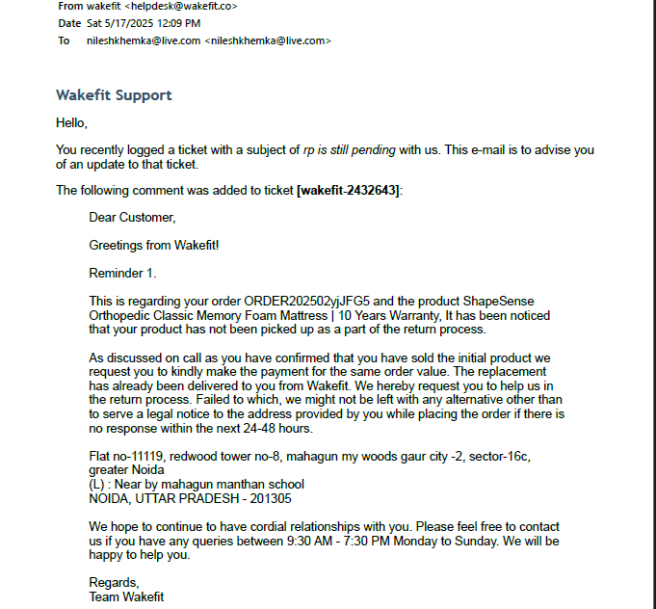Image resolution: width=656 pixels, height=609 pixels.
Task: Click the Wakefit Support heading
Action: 114,95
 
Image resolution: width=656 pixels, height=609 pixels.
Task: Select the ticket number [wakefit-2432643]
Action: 348,190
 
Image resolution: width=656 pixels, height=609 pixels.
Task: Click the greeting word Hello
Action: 71,122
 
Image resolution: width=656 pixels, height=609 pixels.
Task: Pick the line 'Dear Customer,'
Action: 132,218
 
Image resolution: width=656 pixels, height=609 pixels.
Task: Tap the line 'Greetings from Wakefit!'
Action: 154,245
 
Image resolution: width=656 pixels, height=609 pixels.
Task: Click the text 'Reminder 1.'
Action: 122,273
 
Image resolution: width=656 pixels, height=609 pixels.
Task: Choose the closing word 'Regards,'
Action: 114,582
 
